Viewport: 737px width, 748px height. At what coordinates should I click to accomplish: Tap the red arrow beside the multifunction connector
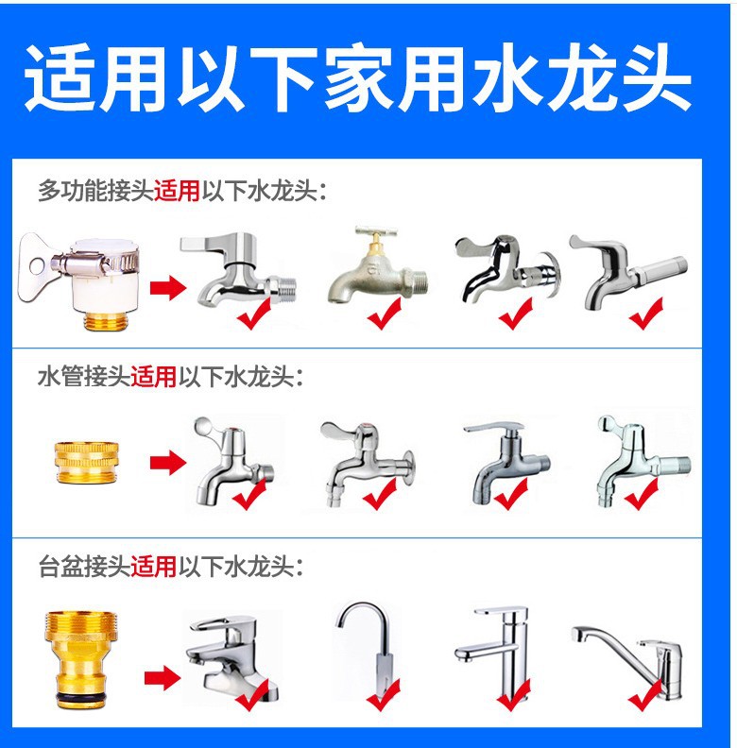(168, 288)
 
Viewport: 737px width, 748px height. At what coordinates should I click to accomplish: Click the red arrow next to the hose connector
(168, 463)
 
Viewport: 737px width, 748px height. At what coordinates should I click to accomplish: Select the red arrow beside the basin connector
(163, 678)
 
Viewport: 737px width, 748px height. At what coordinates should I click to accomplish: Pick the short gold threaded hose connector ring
(86, 462)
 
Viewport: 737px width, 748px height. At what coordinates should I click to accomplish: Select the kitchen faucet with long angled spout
(627, 663)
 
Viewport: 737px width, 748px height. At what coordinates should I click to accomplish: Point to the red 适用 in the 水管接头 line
(153, 377)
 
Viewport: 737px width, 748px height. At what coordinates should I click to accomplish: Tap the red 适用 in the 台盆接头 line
(153, 567)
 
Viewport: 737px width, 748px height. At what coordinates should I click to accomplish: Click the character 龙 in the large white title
(582, 77)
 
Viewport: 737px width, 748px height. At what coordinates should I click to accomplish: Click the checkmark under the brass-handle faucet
(385, 313)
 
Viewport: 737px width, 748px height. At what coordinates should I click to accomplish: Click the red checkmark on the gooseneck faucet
(383, 694)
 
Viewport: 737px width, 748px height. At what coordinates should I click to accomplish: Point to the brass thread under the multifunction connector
(106, 320)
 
